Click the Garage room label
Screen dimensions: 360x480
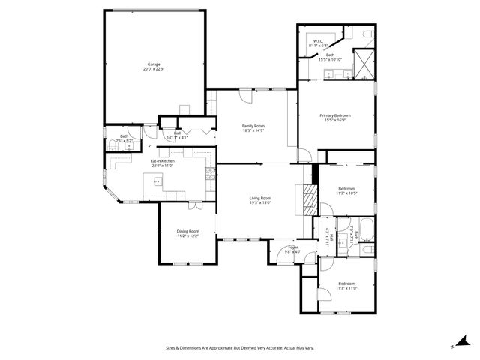click(x=153, y=64)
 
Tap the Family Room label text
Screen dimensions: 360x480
click(x=253, y=125)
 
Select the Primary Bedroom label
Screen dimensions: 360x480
click(x=335, y=115)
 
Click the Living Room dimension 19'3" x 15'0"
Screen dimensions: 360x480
click(x=260, y=202)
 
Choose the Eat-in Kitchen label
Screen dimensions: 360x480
click(x=162, y=161)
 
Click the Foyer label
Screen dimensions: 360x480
click(x=293, y=247)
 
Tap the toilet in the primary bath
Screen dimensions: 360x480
click(x=364, y=35)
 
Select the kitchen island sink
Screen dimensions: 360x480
click(x=157, y=181)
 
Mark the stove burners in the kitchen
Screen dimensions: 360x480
click(x=210, y=175)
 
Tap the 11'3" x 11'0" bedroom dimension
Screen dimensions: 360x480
click(x=346, y=287)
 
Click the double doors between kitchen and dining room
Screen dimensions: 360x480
click(x=194, y=204)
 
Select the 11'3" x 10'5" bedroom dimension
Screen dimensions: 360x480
click(x=346, y=193)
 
